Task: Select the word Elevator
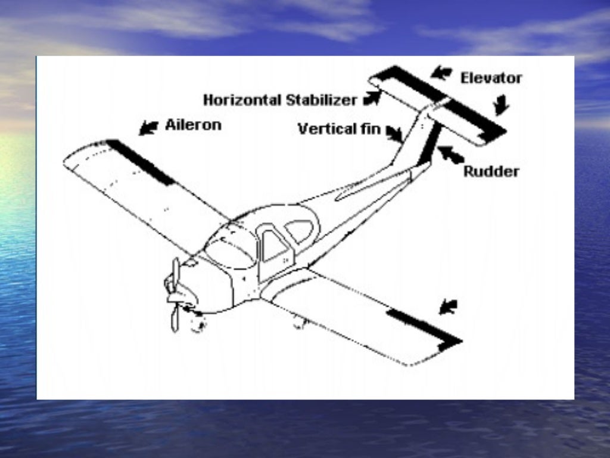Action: (491, 78)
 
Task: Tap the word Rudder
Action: (491, 172)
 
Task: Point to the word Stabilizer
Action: (321, 100)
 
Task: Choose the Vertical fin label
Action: (338, 128)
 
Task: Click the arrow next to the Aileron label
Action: (148, 127)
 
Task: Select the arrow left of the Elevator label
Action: (441, 73)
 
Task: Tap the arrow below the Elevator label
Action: (501, 105)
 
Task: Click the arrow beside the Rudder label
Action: (451, 154)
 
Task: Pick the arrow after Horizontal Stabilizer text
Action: (372, 98)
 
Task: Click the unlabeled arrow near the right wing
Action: (448, 307)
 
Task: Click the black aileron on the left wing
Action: (141, 161)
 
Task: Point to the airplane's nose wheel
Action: (197, 323)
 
